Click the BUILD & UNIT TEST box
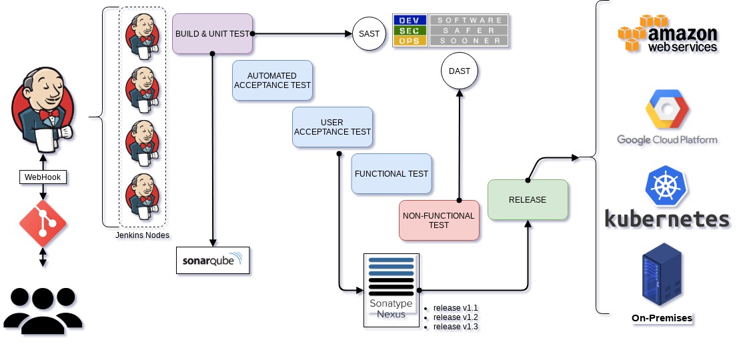[x=212, y=33]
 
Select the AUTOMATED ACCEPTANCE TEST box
[x=272, y=81]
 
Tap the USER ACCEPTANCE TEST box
[x=332, y=127]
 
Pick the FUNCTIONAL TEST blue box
[x=392, y=174]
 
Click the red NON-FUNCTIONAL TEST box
[x=439, y=220]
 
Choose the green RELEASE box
[x=528, y=199]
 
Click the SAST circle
[x=369, y=33]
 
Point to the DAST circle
[x=460, y=71]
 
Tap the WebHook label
[x=43, y=177]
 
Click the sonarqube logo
[x=213, y=261]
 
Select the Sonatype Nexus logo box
[x=392, y=289]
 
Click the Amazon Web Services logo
[x=668, y=34]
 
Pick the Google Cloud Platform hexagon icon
[x=666, y=109]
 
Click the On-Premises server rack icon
[x=662, y=275]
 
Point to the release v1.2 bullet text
[x=456, y=317]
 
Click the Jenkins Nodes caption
[x=142, y=235]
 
